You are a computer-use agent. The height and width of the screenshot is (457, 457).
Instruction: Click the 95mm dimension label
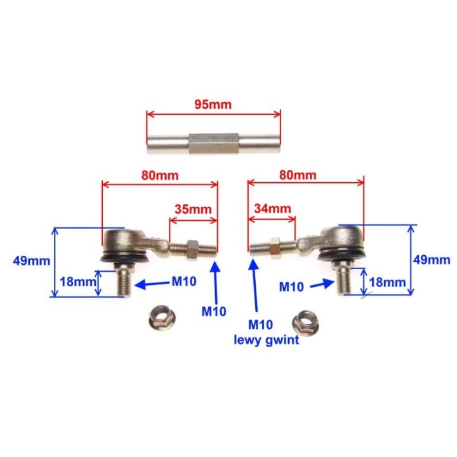tap(213, 104)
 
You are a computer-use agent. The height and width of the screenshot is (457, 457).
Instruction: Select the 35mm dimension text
tap(193, 209)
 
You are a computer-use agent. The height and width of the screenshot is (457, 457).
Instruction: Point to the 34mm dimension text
tap(272, 208)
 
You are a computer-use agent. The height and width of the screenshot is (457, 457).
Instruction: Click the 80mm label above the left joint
tap(160, 175)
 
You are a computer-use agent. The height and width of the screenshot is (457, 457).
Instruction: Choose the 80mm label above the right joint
tap(298, 175)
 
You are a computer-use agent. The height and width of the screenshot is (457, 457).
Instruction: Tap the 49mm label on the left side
tap(32, 261)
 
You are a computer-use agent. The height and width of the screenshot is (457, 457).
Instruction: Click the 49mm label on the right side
tap(432, 260)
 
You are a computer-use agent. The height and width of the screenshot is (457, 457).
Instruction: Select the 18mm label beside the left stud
tap(78, 282)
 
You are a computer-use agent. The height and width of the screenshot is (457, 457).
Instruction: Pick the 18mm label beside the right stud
tap(387, 282)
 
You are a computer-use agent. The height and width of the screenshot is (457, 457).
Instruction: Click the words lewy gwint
tap(267, 340)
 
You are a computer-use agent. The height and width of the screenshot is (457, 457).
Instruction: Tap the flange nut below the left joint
tap(161, 318)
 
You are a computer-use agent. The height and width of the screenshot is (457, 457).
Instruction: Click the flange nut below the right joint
tap(305, 322)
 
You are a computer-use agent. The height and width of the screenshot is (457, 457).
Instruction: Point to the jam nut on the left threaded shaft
tap(192, 248)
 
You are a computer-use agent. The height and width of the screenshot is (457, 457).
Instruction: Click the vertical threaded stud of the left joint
tap(124, 279)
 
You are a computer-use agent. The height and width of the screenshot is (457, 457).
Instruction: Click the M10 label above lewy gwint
tap(261, 324)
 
